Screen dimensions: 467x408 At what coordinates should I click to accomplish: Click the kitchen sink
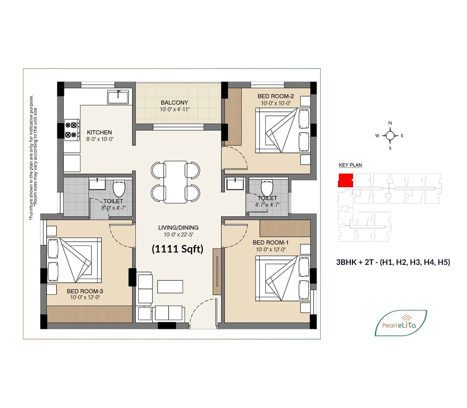pyautogui.click(x=118, y=97)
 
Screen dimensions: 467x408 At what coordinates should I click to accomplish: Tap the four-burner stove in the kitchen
pyautogui.click(x=72, y=130)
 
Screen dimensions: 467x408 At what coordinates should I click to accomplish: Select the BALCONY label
pyautogui.click(x=174, y=103)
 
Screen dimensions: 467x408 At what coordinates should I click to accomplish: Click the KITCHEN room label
pyautogui.click(x=99, y=132)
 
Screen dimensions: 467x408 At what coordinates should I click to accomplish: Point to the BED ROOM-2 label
pyautogui.click(x=276, y=96)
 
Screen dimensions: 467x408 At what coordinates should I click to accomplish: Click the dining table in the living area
pyautogui.click(x=175, y=182)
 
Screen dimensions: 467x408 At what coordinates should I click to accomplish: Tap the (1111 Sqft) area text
pyautogui.click(x=177, y=249)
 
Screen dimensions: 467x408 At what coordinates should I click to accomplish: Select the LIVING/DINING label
pyautogui.click(x=178, y=228)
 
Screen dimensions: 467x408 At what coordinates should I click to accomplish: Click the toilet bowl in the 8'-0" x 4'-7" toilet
pyautogui.click(x=119, y=189)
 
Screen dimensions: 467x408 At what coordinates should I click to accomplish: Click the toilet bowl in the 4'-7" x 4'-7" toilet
pyautogui.click(x=267, y=188)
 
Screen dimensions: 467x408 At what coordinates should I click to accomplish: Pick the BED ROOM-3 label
pyautogui.click(x=85, y=291)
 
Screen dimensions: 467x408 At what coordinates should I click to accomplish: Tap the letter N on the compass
pyautogui.click(x=390, y=123)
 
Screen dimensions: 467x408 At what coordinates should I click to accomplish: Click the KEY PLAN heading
pyautogui.click(x=350, y=165)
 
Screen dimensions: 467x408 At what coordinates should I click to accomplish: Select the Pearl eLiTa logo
pyautogui.click(x=400, y=323)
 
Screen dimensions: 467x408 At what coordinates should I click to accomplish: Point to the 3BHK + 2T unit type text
pyautogui.click(x=393, y=262)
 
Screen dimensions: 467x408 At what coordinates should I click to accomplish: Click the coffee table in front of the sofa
pyautogui.click(x=170, y=287)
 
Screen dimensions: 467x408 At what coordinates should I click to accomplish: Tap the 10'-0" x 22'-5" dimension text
pyautogui.click(x=178, y=235)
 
